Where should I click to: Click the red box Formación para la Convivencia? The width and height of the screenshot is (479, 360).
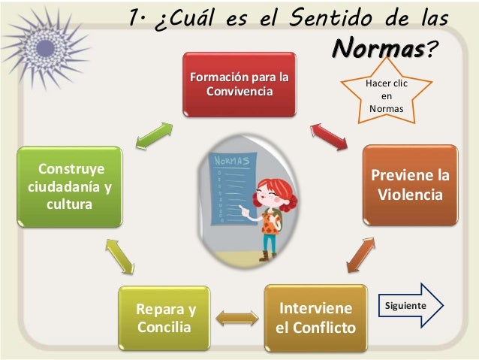(238, 84)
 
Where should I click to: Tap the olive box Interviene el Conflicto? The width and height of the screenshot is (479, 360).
(315, 318)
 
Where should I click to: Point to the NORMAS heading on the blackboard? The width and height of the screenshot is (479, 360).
(231, 161)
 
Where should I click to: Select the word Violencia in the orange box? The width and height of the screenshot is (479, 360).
(410, 195)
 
